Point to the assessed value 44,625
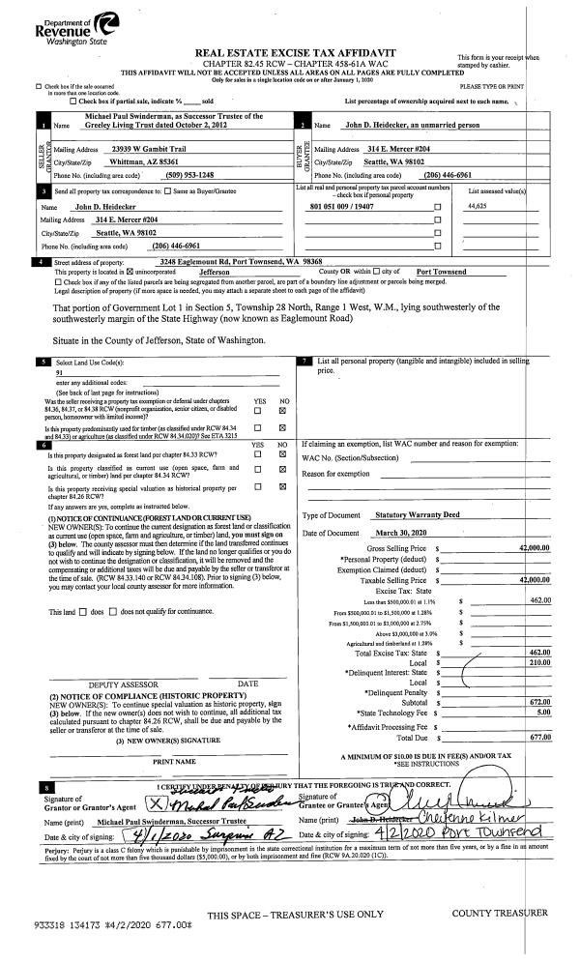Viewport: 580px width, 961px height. pos(478,207)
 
